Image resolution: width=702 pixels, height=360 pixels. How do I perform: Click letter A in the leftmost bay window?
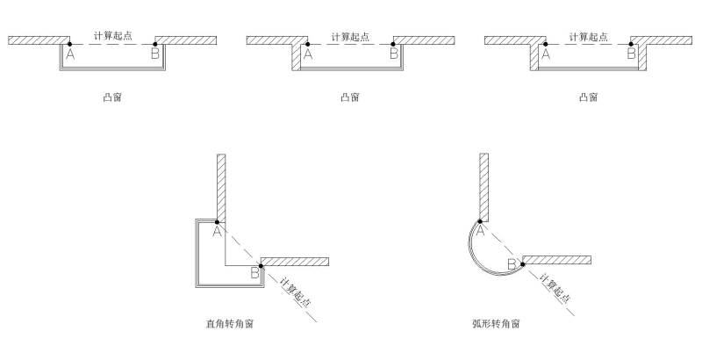pyautogui.click(x=70, y=54)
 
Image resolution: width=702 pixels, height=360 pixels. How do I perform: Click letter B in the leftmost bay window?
pyautogui.click(x=155, y=54)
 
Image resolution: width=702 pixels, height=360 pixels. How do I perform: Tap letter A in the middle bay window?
pyautogui.click(x=308, y=54)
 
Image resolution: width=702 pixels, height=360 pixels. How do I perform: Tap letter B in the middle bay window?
pyautogui.click(x=393, y=54)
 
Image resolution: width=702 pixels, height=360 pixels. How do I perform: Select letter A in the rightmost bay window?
pyautogui.click(x=546, y=54)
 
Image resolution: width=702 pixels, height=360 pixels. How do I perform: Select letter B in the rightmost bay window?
pyautogui.click(x=631, y=54)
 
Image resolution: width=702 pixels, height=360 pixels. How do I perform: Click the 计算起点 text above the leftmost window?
pyautogui.click(x=112, y=36)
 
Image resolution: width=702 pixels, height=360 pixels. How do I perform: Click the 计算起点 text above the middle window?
pyautogui.click(x=350, y=36)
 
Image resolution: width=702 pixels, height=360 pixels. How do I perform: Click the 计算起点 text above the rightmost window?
pyautogui.click(x=588, y=36)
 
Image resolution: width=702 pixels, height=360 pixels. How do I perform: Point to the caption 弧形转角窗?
pyautogui.click(x=496, y=324)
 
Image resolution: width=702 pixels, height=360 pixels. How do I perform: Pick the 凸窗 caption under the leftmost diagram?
pyautogui.click(x=112, y=97)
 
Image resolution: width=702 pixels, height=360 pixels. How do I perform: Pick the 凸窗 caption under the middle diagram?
pyautogui.click(x=350, y=97)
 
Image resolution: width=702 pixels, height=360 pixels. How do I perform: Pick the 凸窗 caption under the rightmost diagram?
pyautogui.click(x=588, y=97)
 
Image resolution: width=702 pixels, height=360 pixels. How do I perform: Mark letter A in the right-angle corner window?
pyautogui.click(x=217, y=231)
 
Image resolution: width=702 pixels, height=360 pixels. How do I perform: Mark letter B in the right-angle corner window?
pyautogui.click(x=254, y=274)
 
